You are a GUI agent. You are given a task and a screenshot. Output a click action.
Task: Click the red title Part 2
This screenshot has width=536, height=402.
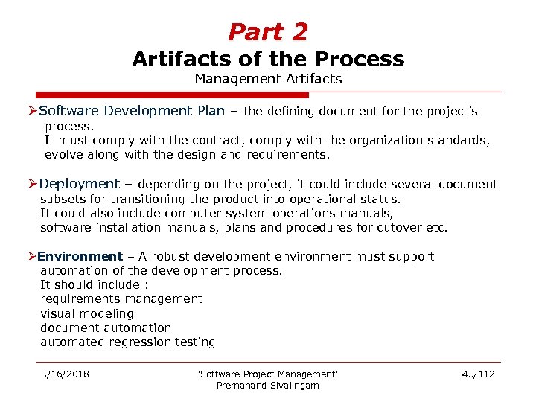coord(268,32)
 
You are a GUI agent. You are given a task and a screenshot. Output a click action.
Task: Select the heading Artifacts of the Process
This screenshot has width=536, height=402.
coord(268,59)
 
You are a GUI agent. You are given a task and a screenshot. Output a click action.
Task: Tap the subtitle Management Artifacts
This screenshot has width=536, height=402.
coord(268,78)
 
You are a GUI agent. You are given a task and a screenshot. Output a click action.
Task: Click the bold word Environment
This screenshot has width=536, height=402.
coord(80,257)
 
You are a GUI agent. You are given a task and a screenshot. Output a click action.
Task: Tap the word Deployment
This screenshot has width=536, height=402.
coord(80,184)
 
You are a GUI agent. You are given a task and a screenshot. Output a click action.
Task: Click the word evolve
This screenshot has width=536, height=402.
coord(65,155)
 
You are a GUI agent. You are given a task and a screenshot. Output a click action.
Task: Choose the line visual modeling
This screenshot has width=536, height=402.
coord(86,314)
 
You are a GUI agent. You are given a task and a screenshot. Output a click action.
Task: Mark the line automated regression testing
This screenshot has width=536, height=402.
coord(127,342)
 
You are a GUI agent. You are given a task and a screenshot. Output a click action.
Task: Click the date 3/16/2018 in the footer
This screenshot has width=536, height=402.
coord(66,374)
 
